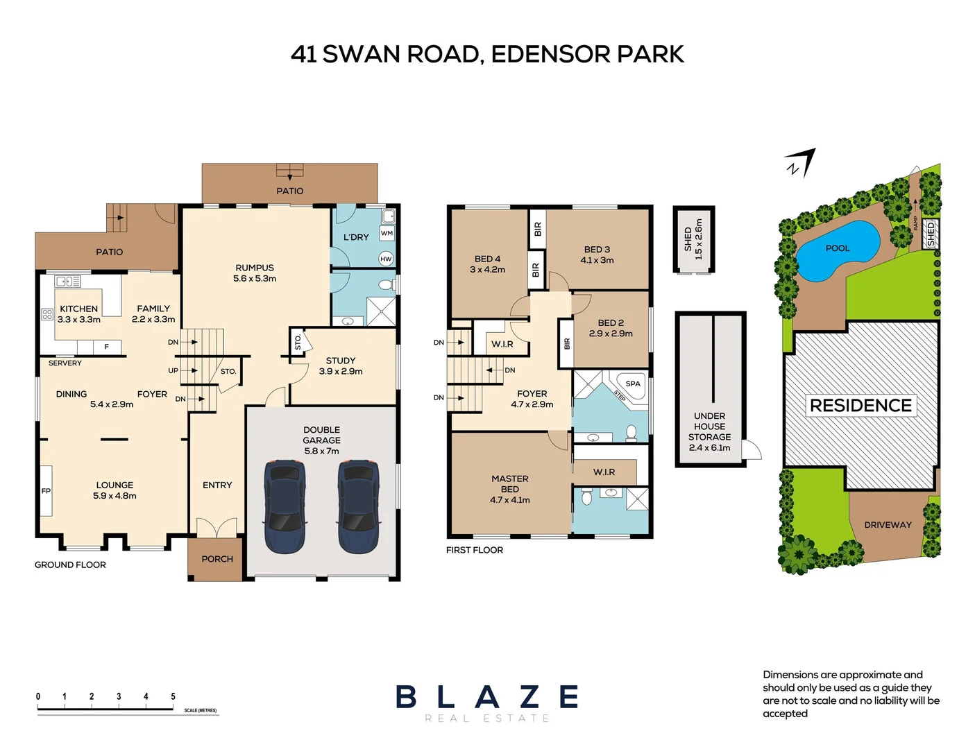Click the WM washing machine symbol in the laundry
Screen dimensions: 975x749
(387, 234)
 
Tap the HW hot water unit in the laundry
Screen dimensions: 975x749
(386, 259)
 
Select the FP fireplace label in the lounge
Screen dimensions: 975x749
(46, 491)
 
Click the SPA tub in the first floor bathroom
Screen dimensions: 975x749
(632, 385)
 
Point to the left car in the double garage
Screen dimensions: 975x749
(285, 506)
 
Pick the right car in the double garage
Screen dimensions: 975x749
(358, 506)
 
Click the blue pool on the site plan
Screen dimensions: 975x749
(837, 250)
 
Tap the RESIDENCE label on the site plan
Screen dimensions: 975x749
(860, 405)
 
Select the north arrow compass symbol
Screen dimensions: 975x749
(800, 163)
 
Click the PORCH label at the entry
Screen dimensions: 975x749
(217, 559)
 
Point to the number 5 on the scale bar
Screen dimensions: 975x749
(173, 696)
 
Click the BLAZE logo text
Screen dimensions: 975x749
(487, 697)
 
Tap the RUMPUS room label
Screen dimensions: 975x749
(255, 268)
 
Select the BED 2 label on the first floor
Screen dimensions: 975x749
(611, 322)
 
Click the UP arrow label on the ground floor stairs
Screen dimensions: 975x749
(173, 370)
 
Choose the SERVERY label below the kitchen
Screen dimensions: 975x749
(65, 363)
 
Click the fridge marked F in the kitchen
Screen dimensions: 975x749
(107, 347)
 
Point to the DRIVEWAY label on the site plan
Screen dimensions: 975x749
(888, 525)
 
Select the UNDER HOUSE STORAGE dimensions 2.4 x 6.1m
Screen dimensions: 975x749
(709, 447)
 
